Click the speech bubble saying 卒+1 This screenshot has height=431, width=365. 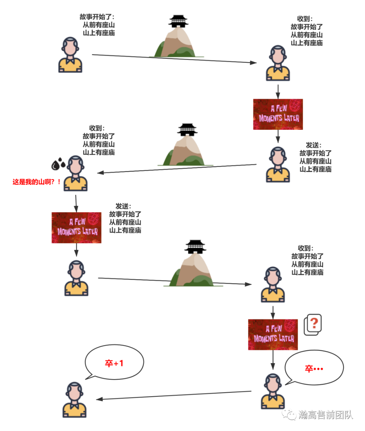coord(114,363)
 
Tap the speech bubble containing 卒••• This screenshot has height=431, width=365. coord(314,368)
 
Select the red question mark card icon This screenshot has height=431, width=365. coord(313,325)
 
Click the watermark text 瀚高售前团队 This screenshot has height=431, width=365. coord(325,414)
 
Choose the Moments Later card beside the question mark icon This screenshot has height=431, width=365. coord(273,334)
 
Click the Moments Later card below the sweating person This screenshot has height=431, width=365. coord(76,228)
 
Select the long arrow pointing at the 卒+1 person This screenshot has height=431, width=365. coord(174,395)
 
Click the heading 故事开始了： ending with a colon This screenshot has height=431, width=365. coord(97,17)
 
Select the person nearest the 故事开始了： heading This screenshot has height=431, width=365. coord(70,55)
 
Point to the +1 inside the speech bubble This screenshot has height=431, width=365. coord(119,363)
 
